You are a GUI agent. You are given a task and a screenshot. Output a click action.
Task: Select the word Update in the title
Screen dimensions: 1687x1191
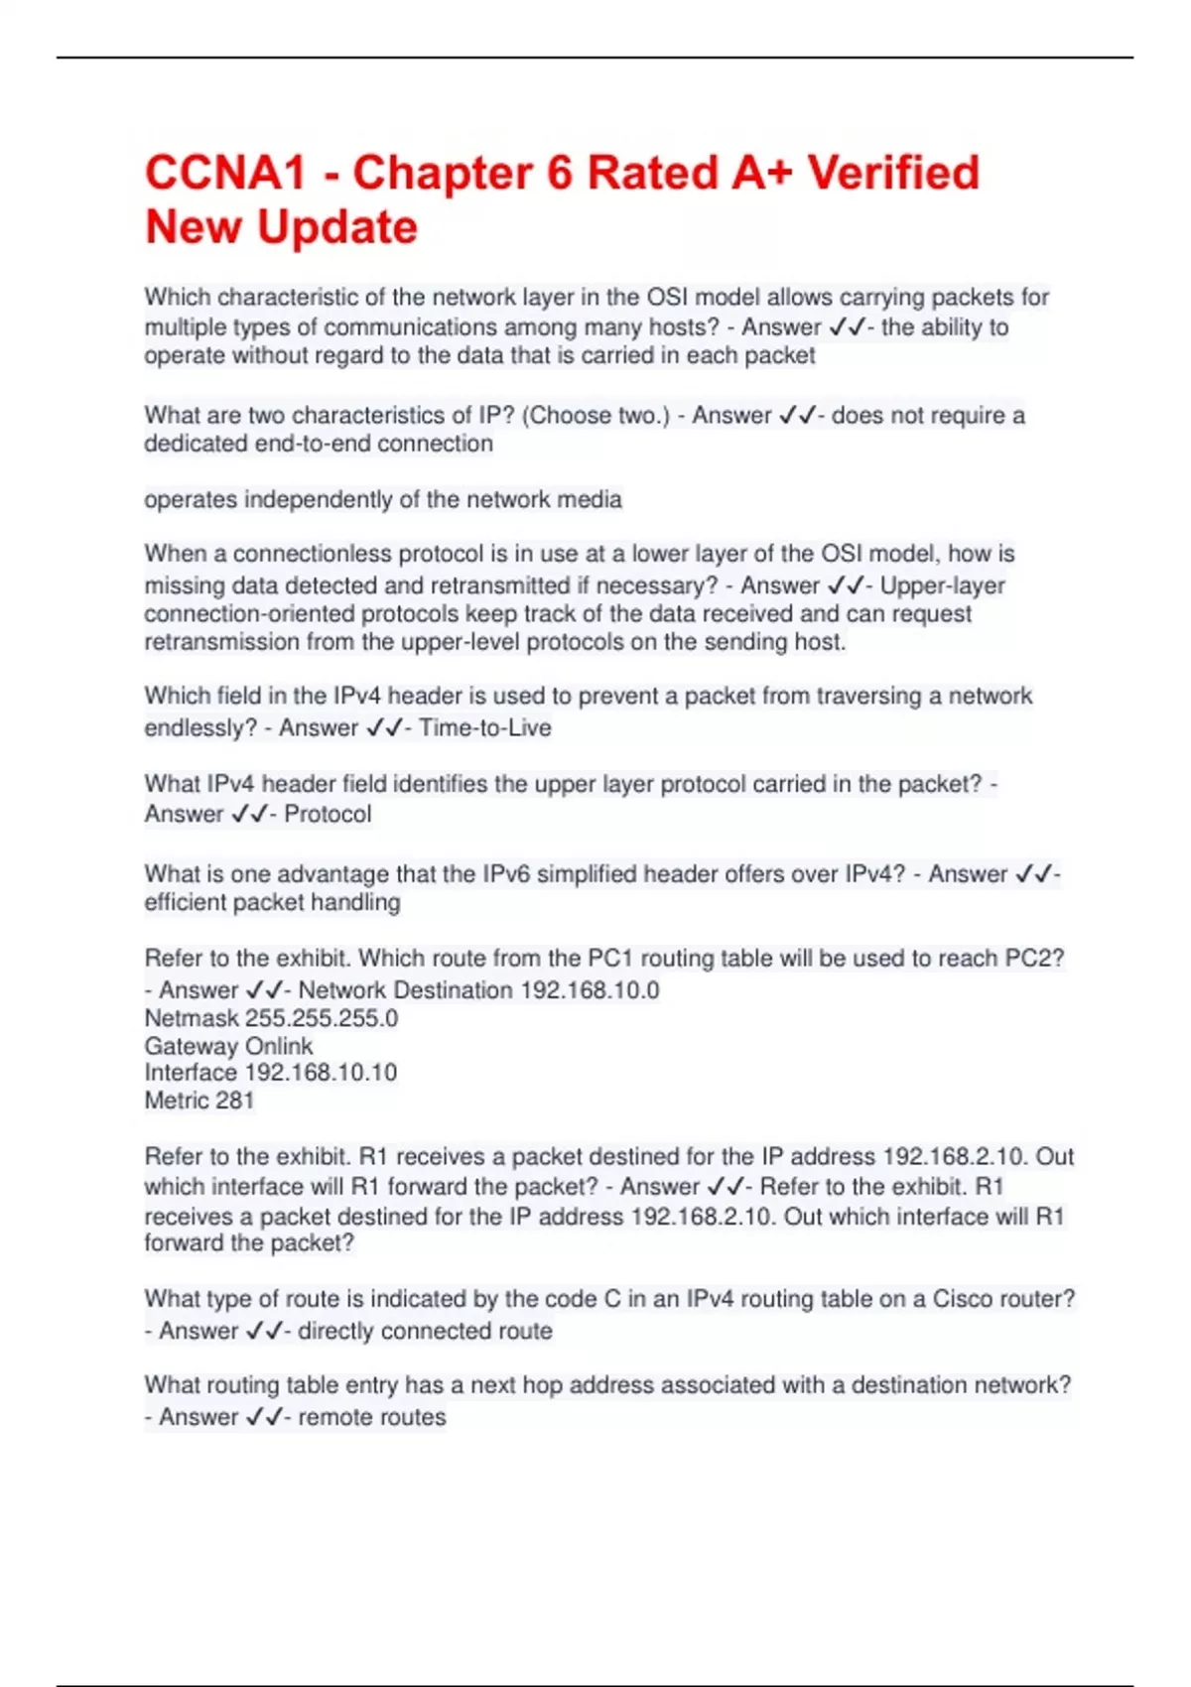tap(337, 227)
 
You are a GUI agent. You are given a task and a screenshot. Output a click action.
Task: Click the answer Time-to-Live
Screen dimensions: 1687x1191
tap(484, 727)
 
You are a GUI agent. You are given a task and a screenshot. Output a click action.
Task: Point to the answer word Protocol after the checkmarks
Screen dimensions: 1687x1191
tap(328, 814)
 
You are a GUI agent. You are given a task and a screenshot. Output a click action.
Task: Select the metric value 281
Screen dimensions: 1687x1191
tap(234, 1100)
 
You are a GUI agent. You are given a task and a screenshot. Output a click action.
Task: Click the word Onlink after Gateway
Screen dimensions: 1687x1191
tap(279, 1046)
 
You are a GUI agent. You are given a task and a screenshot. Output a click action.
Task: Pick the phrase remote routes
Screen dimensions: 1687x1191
tap(372, 1417)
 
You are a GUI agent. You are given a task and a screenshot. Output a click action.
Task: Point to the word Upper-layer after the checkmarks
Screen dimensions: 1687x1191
tap(943, 585)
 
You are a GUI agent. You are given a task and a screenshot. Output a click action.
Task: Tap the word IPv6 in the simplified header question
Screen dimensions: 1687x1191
tap(510, 874)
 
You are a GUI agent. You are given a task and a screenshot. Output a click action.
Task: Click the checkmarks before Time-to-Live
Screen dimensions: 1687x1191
tap(384, 727)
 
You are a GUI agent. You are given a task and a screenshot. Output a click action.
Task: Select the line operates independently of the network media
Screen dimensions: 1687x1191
tap(383, 499)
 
